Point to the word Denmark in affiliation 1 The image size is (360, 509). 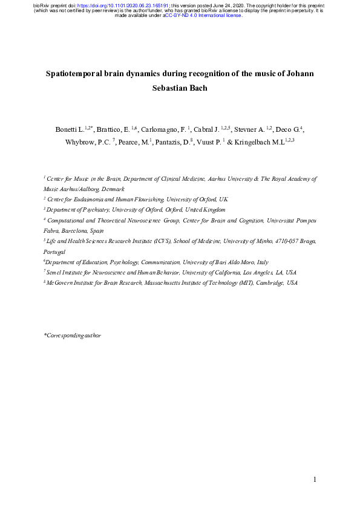click(x=111, y=189)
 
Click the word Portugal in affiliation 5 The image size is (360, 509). click(x=54, y=250)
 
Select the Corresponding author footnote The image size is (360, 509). click(x=72, y=335)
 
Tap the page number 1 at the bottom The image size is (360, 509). click(x=315, y=480)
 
